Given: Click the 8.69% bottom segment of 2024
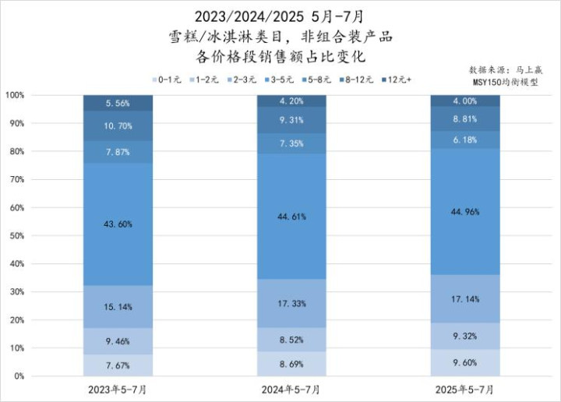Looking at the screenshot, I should point(292,363).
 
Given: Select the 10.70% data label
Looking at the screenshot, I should point(118,126).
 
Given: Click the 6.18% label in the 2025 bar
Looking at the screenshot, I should point(465,139).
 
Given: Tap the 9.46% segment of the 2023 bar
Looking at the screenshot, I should point(118,340).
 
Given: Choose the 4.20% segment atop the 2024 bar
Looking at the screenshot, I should point(292,100).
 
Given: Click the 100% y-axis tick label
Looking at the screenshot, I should point(14,95).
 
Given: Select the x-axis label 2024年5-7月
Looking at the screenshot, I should point(292,388).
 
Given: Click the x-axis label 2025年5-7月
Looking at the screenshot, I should point(465,388).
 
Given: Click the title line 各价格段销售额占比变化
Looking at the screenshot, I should point(281,57).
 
